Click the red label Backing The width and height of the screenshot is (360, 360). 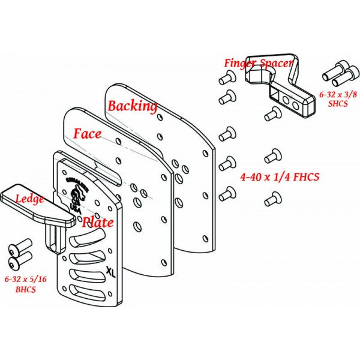point(132,106)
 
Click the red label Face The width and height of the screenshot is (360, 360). point(88,133)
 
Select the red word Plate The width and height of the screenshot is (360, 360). point(98,222)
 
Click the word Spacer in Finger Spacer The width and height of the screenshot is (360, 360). point(277,62)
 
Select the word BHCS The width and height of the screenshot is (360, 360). point(25,289)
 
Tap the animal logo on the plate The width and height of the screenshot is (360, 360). point(77,196)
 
